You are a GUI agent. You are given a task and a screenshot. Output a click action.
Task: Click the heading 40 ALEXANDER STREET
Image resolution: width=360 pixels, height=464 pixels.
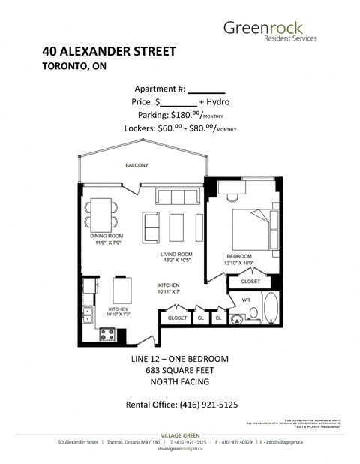109,52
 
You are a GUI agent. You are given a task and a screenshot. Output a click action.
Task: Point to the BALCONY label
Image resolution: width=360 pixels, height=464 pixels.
137,166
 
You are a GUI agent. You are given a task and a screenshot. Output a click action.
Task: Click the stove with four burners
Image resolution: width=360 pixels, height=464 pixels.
107,336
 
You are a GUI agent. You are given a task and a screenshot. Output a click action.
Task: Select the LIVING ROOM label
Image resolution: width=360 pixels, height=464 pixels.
180,255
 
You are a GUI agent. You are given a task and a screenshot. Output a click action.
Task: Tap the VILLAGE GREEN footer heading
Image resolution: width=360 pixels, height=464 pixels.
181,435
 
